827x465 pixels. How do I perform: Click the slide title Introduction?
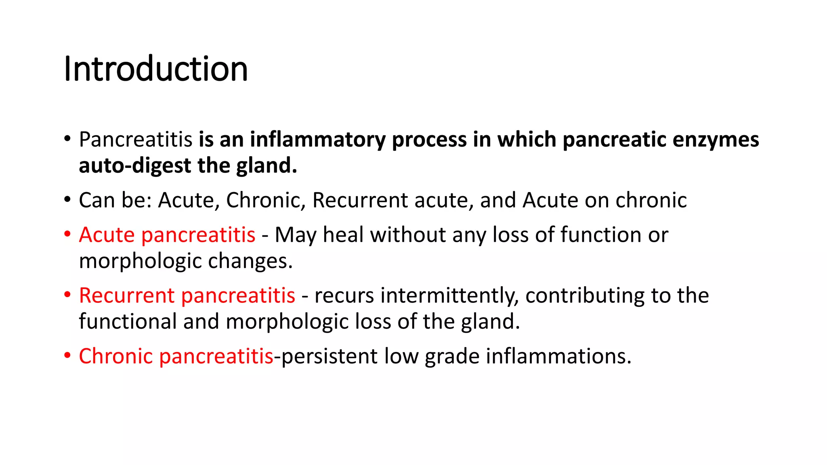(x=155, y=69)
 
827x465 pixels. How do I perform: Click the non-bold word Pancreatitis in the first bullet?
(x=136, y=140)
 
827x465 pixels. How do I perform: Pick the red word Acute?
(x=107, y=235)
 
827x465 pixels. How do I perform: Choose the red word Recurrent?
(x=126, y=295)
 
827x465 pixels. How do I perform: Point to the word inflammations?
(x=558, y=356)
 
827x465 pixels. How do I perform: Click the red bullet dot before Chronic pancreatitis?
(x=67, y=356)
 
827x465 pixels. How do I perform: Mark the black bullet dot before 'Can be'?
(x=67, y=200)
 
